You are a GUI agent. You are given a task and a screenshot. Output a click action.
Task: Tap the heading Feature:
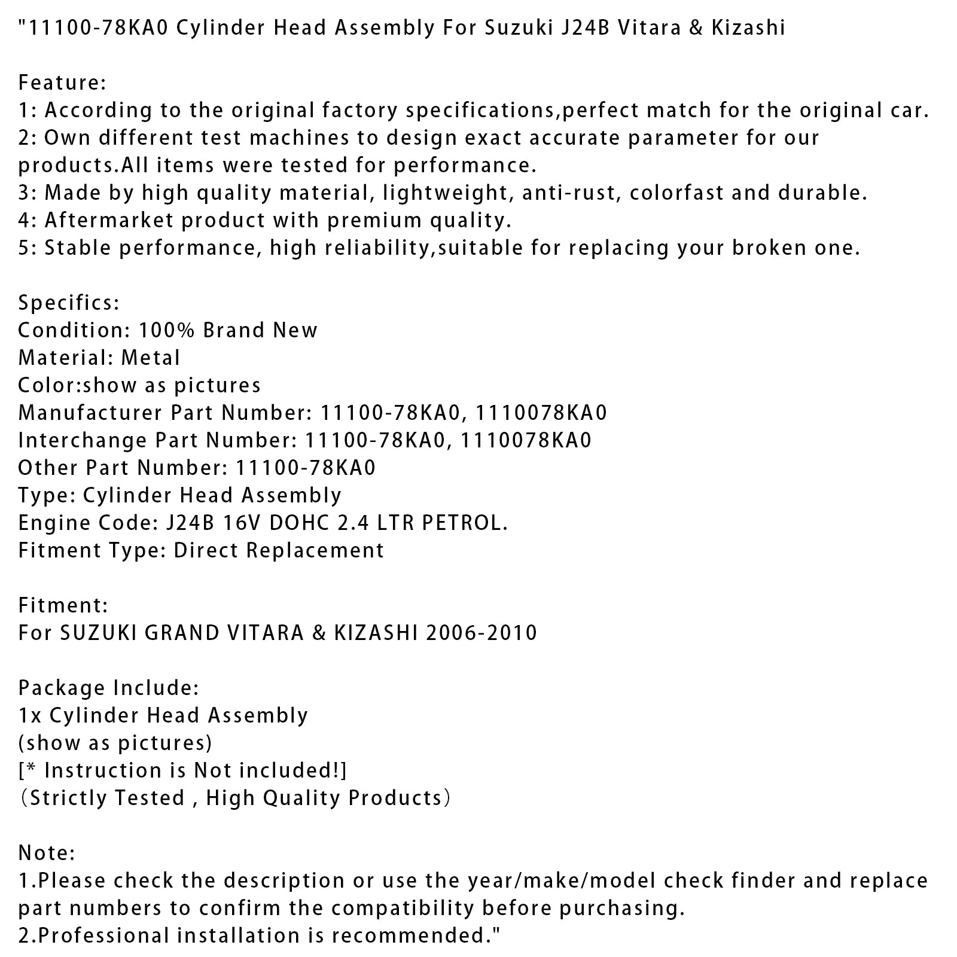(x=62, y=83)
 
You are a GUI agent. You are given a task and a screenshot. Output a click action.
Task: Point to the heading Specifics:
(x=69, y=303)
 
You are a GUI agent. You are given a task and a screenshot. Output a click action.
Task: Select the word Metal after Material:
(x=150, y=358)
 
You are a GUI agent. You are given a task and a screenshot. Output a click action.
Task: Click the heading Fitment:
(x=63, y=605)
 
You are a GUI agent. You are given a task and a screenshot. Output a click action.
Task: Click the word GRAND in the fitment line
(x=180, y=633)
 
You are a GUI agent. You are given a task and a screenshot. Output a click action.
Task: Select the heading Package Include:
(x=108, y=688)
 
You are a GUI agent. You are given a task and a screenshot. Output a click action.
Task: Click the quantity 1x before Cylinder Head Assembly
(x=30, y=715)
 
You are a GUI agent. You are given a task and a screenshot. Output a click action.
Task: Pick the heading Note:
(x=47, y=853)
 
